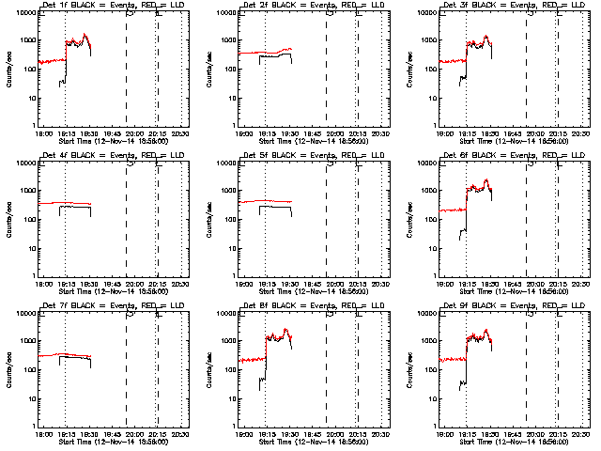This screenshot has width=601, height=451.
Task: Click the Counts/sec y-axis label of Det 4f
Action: pos(9,219)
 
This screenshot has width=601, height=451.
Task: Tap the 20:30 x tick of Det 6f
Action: pos(580,283)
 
